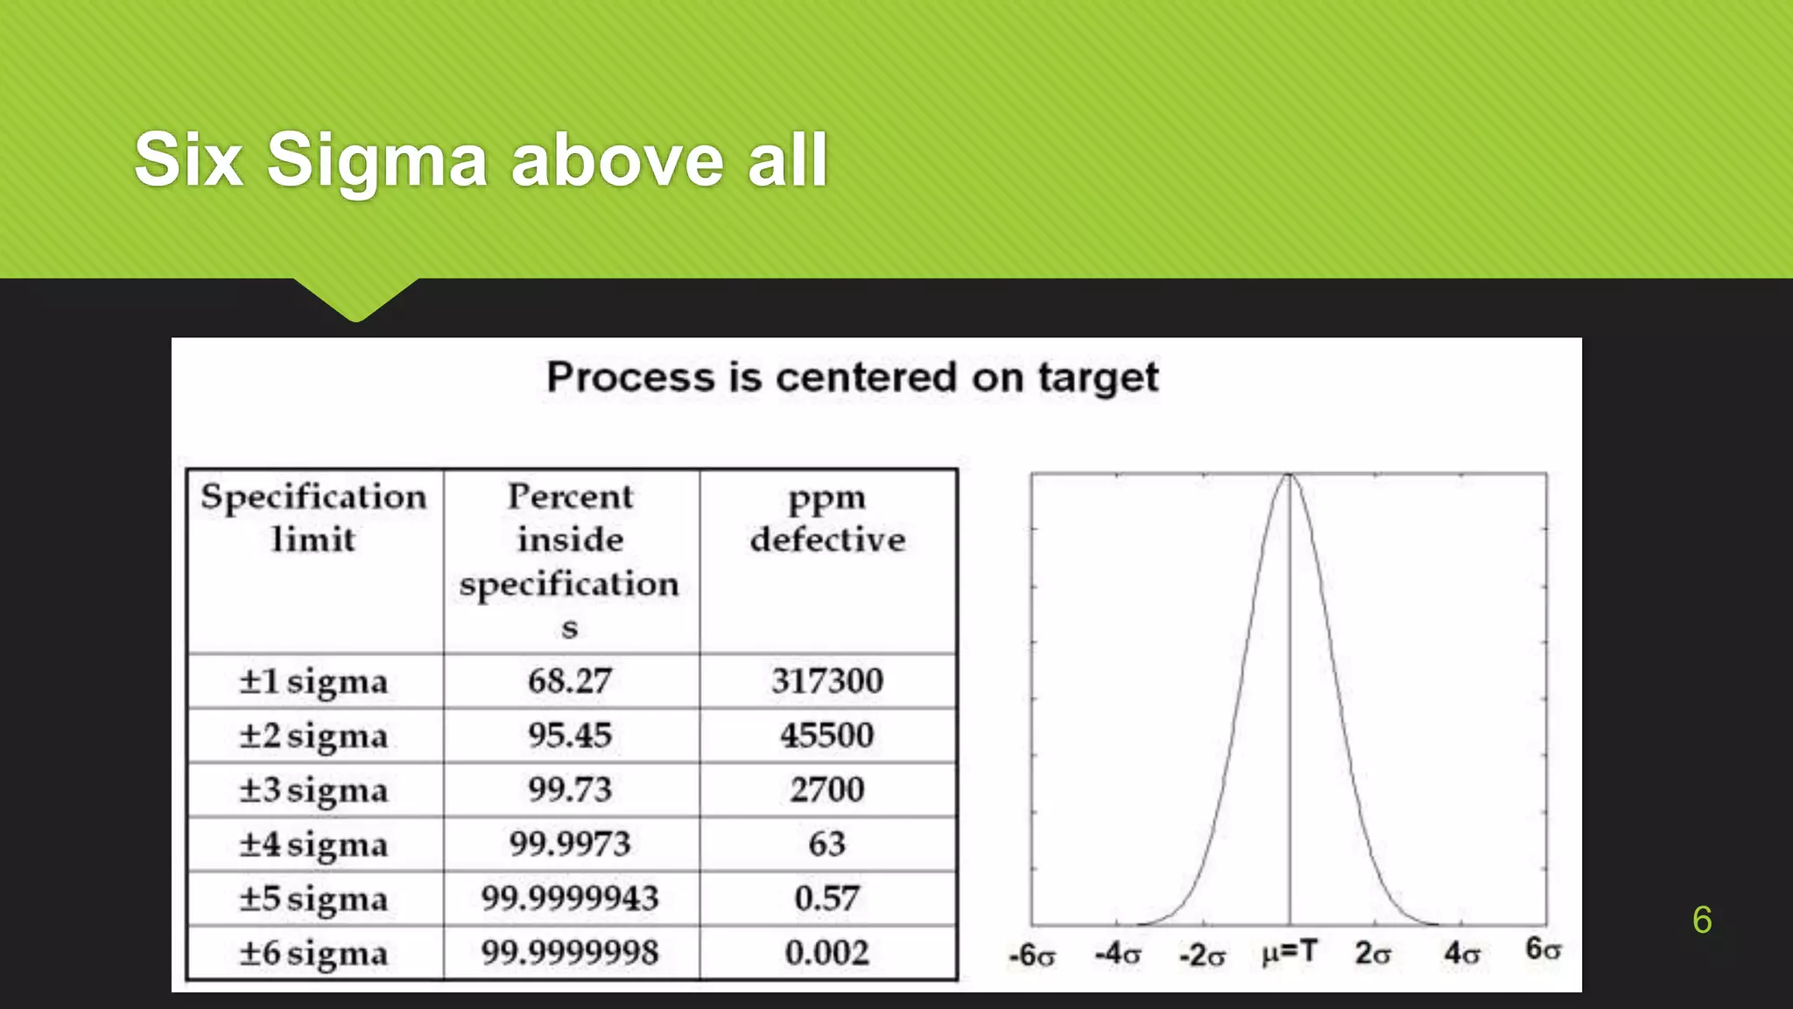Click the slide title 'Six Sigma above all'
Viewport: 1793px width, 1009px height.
(481, 159)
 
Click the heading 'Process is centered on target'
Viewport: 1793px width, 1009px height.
(852, 377)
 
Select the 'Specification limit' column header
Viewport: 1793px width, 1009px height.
(313, 518)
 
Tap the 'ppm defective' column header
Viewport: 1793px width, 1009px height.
(827, 518)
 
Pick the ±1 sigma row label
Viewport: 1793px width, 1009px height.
(313, 681)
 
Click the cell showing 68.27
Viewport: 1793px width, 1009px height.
(570, 681)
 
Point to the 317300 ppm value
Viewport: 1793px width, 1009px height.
(827, 681)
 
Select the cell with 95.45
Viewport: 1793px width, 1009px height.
(570, 736)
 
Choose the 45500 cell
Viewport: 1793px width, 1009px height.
(827, 736)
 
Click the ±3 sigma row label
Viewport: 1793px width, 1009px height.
(313, 790)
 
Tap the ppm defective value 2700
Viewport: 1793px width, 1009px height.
(827, 790)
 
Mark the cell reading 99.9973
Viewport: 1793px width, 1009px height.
(570, 844)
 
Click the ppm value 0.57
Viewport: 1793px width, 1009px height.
(827, 899)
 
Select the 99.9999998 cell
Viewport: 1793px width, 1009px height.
(570, 953)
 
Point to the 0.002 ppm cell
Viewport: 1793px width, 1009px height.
(827, 953)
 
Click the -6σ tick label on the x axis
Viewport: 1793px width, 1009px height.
(1032, 955)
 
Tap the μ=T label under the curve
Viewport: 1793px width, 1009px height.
(1289, 952)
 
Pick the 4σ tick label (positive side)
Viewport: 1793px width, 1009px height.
(1461, 953)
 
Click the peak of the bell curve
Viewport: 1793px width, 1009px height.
(1289, 476)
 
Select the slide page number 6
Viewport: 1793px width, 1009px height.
(1702, 920)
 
